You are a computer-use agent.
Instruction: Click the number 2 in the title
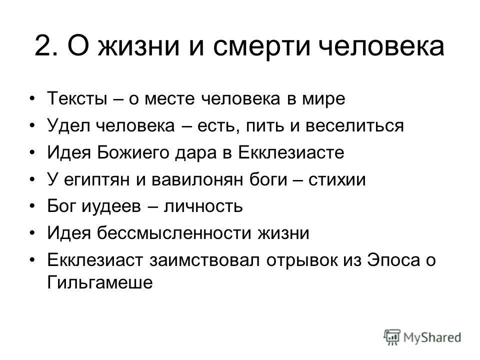pyautogui.click(x=43, y=46)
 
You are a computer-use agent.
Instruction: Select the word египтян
pyautogui.click(x=95, y=179)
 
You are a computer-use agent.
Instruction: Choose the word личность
pyautogui.click(x=202, y=206)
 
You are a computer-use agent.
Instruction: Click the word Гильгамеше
pyautogui.click(x=99, y=281)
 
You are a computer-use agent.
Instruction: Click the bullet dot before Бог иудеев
pyautogui.click(x=33, y=206)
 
